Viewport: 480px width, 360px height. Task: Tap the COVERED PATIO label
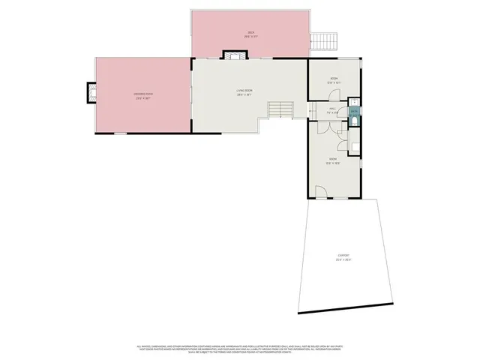coord(142,93)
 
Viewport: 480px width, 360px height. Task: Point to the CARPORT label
coord(343,256)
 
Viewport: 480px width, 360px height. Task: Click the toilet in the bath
coord(355,118)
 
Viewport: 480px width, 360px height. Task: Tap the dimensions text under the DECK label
coord(251,35)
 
